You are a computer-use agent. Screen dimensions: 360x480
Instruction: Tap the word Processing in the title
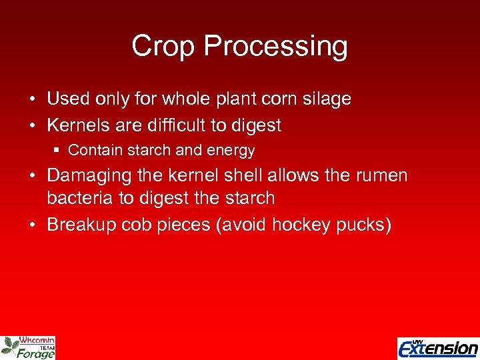(x=275, y=47)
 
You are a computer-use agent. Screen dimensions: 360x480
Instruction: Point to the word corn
(x=279, y=99)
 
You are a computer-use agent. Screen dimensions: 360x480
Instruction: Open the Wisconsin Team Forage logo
(x=28, y=347)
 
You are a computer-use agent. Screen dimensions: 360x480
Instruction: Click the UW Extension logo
(x=437, y=347)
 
